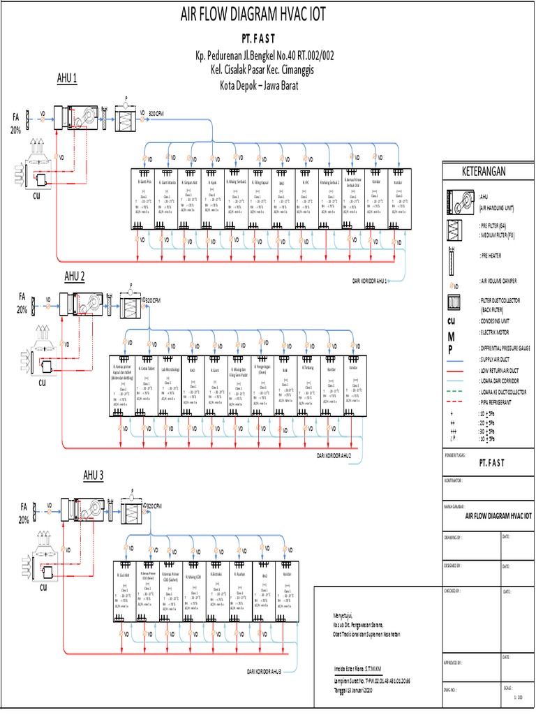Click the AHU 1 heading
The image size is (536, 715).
tap(66, 78)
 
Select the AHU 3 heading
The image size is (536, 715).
tap(94, 476)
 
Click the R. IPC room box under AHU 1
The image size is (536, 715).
tap(306, 199)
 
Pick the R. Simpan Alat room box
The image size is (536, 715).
tap(189, 199)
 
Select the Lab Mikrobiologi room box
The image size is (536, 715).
tap(168, 388)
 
